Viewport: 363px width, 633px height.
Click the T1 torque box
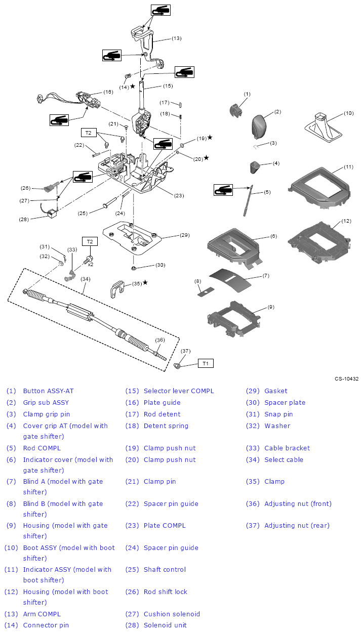[x=206, y=363]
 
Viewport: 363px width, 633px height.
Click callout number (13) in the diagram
[x=176, y=38]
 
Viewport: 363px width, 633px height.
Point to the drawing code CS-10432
[x=346, y=378]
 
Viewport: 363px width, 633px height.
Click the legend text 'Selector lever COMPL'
[x=179, y=391]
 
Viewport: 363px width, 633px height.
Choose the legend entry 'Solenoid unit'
[x=165, y=625]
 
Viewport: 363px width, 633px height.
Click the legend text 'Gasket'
[x=275, y=391]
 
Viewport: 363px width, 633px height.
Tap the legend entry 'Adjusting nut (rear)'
[x=297, y=525]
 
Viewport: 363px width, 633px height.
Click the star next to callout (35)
[x=145, y=282]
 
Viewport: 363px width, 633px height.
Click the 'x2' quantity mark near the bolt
[x=90, y=264]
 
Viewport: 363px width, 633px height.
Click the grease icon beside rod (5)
[x=223, y=190]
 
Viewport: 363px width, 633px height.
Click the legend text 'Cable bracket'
[x=287, y=448]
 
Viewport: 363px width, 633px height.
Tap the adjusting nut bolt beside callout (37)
[x=178, y=365]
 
